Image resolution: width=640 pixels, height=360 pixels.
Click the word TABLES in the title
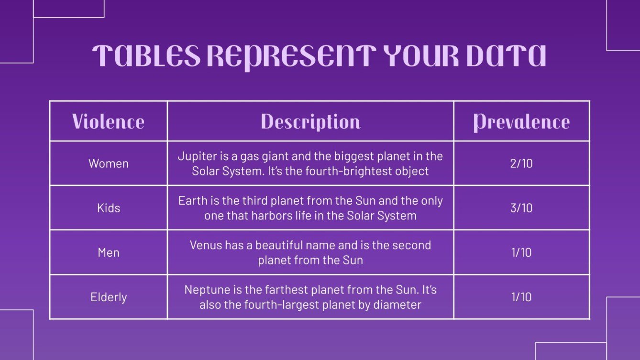coord(146,56)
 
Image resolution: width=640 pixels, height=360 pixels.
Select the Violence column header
coord(108,121)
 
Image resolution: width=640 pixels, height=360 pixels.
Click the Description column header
coord(310,121)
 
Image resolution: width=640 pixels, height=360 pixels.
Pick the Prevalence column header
coord(521,121)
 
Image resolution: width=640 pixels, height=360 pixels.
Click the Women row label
coord(109,164)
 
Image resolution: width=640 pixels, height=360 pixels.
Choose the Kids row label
coord(109,208)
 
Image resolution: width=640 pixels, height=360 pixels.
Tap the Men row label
coord(109,252)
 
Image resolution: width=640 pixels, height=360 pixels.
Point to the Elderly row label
coord(109,297)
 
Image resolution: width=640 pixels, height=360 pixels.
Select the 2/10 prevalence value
coord(521,164)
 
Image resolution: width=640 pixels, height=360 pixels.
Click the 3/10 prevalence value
coord(521,208)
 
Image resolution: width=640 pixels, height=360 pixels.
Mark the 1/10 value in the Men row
coord(521,252)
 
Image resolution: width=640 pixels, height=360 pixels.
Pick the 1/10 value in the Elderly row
coord(521,297)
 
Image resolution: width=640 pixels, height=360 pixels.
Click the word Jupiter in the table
coord(195,156)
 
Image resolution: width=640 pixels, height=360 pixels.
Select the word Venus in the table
coord(205,245)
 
